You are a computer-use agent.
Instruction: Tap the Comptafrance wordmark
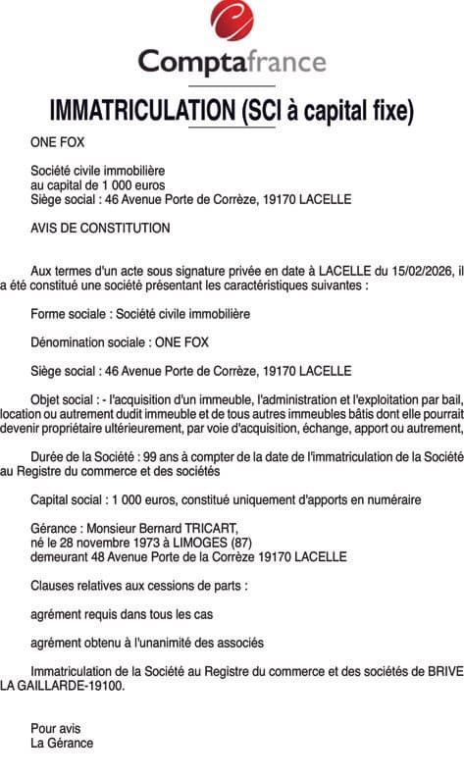pyautogui.click(x=232, y=62)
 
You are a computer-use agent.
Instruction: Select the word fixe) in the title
pyautogui.click(x=388, y=109)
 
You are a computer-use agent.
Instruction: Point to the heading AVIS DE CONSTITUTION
pyautogui.click(x=100, y=228)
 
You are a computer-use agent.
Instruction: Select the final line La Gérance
pyautogui.click(x=62, y=743)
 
